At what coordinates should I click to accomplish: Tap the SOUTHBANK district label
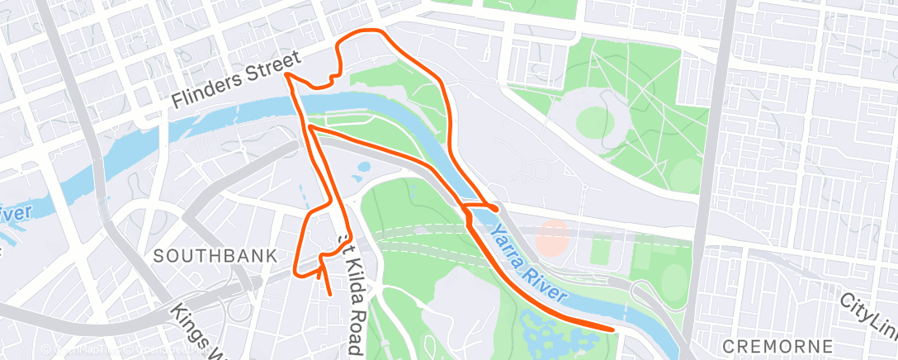click(215, 256)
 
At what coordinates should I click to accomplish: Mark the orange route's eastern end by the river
click(613, 329)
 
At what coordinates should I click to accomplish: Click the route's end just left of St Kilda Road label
click(330, 292)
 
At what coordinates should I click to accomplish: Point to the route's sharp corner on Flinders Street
click(287, 74)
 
